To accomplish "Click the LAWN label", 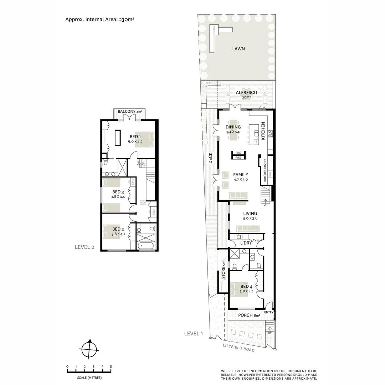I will [238, 49].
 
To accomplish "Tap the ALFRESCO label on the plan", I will [246, 93].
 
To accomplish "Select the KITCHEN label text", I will [263, 131].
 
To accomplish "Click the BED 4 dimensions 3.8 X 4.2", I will [246, 291].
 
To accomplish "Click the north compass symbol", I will [89, 349].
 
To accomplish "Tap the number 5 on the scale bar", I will [111, 366].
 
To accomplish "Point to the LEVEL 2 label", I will [84, 247].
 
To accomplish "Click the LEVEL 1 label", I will [194, 334].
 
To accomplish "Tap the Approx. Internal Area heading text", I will [99, 20].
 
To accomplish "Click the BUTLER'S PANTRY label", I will [265, 171].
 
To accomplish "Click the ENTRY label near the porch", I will [269, 313].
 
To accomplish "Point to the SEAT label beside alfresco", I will [209, 83].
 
